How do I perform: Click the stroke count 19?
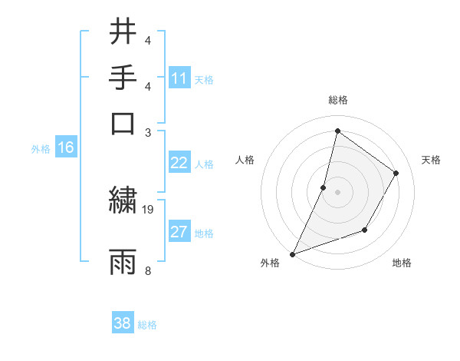tap(149, 209)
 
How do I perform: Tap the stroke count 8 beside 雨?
tap(148, 270)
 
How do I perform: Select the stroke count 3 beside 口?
tap(148, 131)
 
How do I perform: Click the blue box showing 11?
tap(179, 78)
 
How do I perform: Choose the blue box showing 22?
tap(179, 163)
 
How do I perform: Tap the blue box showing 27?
tap(179, 232)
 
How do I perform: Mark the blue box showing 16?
tap(66, 148)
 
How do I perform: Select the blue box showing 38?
tap(123, 323)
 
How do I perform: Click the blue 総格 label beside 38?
tap(147, 325)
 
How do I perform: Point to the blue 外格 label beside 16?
tap(41, 149)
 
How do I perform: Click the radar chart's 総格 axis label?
tap(337, 101)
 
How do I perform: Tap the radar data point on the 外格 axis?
tap(292, 253)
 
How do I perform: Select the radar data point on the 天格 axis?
tap(396, 173)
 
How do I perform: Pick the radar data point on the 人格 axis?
tap(324, 187)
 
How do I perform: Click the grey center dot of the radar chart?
tap(337, 192)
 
